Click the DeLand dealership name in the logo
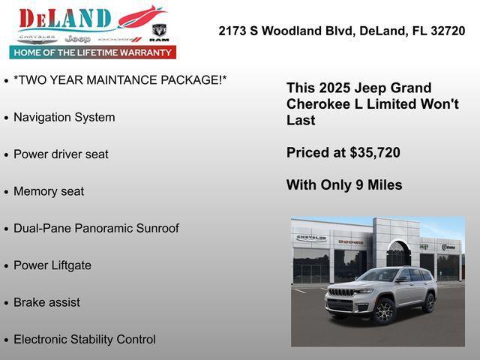[x=65, y=19]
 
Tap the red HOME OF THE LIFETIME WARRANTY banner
[x=93, y=52]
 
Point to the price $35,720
[x=375, y=152]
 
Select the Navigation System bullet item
[x=64, y=117]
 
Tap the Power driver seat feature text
[x=61, y=154]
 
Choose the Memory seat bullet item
[x=49, y=191]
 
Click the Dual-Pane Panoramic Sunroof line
[x=96, y=228]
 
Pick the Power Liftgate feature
[x=52, y=265]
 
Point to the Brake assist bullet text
[x=46, y=302]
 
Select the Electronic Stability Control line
[x=85, y=339]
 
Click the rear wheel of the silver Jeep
[x=429, y=302]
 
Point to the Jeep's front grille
[x=342, y=292]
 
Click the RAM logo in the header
[x=159, y=32]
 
